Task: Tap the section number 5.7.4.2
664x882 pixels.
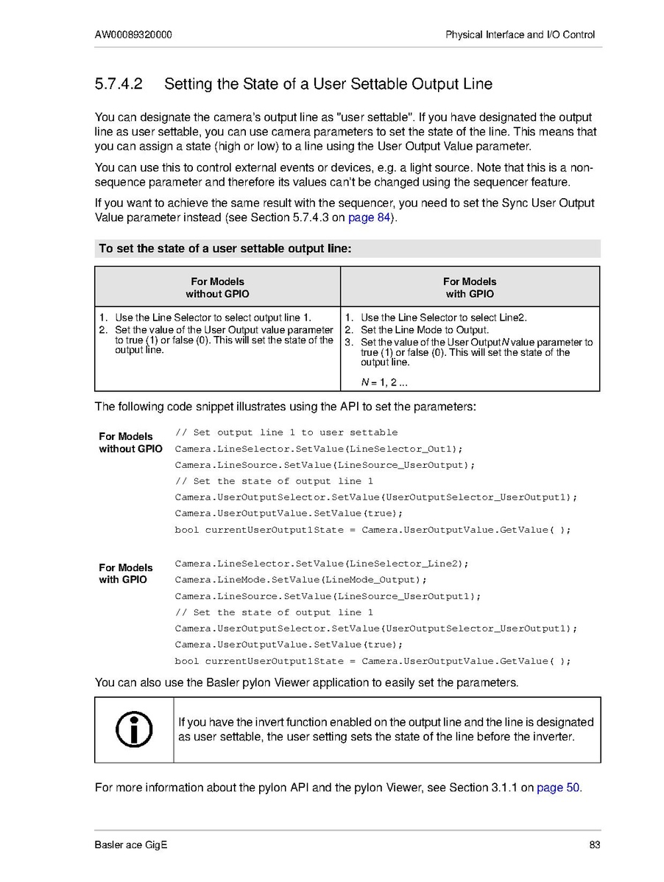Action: click(x=119, y=84)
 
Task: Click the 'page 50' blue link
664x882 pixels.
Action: click(x=558, y=788)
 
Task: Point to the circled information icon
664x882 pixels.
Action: click(x=134, y=729)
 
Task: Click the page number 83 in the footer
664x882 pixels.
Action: click(x=595, y=844)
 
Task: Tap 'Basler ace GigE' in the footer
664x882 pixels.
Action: click(x=131, y=844)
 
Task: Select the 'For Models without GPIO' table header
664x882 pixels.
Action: click(x=217, y=287)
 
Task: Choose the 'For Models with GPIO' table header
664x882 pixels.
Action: click(x=470, y=287)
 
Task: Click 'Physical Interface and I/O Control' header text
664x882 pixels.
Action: click(x=520, y=35)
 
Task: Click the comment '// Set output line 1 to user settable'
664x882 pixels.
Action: click(x=286, y=433)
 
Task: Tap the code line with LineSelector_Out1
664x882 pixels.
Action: click(x=319, y=449)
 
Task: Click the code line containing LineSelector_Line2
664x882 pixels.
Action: click(x=322, y=564)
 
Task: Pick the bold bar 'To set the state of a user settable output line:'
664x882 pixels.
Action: click(x=225, y=249)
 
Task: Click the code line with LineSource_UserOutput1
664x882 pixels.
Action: click(x=328, y=596)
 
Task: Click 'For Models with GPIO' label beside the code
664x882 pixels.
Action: click(x=126, y=573)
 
